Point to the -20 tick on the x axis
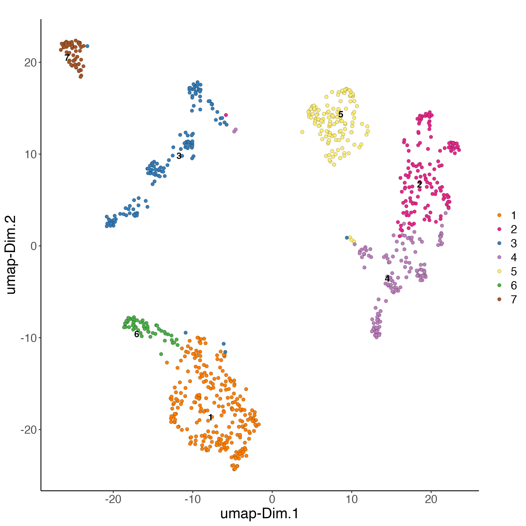tap(113, 499)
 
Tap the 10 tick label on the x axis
tap(351, 499)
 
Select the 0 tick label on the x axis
tap(272, 499)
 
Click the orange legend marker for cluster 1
tap(499, 215)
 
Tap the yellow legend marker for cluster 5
tap(499, 271)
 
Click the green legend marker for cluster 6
tap(499, 285)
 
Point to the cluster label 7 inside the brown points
tap(67, 58)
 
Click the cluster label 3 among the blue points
tap(179, 156)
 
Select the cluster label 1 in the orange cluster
tap(210, 417)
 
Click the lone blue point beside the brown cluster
tap(87, 46)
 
